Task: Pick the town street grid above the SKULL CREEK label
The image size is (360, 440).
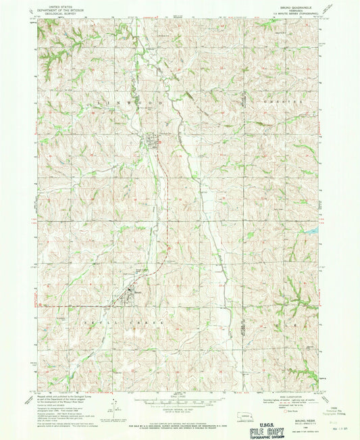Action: click(128, 292)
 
